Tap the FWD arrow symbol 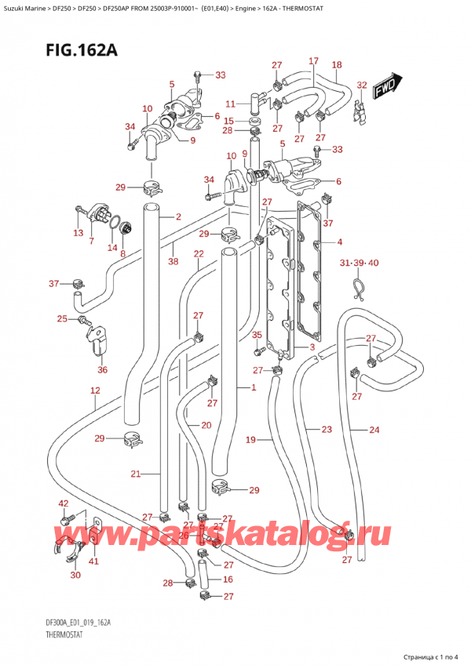[389, 85]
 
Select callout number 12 [94, 391]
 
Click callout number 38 [173, 262]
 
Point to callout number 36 [102, 370]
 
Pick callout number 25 [62, 318]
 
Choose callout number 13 [77, 233]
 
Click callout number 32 [361, 85]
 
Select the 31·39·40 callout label [359, 262]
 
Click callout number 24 [374, 429]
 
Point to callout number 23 [327, 429]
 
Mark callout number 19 [250, 441]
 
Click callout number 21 [135, 474]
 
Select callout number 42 [64, 503]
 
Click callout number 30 [75, 575]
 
